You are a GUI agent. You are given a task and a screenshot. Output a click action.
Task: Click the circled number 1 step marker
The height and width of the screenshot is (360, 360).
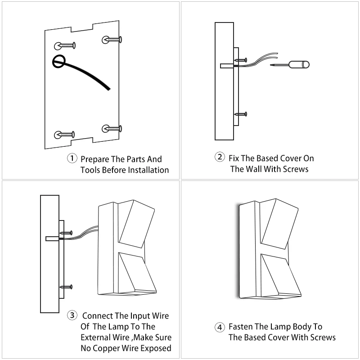72,159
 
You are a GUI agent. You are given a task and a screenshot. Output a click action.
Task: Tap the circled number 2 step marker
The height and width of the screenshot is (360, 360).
220,157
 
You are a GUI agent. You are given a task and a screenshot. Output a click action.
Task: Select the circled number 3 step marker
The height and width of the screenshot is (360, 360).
72,315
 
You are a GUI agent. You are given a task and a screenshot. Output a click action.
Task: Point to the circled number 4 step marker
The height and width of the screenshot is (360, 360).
219,327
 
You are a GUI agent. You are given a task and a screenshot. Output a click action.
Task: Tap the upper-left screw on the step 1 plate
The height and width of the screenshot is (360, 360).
66,45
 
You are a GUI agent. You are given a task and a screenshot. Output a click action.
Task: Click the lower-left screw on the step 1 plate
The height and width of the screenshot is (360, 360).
66,134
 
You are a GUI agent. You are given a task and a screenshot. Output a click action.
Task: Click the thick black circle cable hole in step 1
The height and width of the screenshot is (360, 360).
58,61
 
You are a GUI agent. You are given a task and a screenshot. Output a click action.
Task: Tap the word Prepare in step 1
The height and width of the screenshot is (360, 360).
95,159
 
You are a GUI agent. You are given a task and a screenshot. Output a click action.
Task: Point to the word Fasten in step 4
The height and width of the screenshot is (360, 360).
242,327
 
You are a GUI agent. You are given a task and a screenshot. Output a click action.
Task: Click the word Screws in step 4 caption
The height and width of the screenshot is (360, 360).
323,337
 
